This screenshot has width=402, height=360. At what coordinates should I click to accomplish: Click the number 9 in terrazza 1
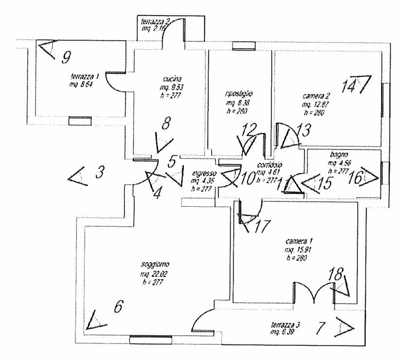click(x=67, y=57)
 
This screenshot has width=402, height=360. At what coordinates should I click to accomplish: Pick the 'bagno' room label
click(x=337, y=155)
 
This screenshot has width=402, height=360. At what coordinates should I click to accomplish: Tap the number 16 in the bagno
click(x=356, y=178)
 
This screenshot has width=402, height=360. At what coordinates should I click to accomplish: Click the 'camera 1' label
click(x=297, y=241)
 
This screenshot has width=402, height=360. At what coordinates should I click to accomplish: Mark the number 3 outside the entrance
click(x=99, y=172)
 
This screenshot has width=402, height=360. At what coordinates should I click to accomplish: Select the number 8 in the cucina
click(x=166, y=124)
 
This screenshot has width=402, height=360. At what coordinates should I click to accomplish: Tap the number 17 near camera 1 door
click(x=262, y=226)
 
